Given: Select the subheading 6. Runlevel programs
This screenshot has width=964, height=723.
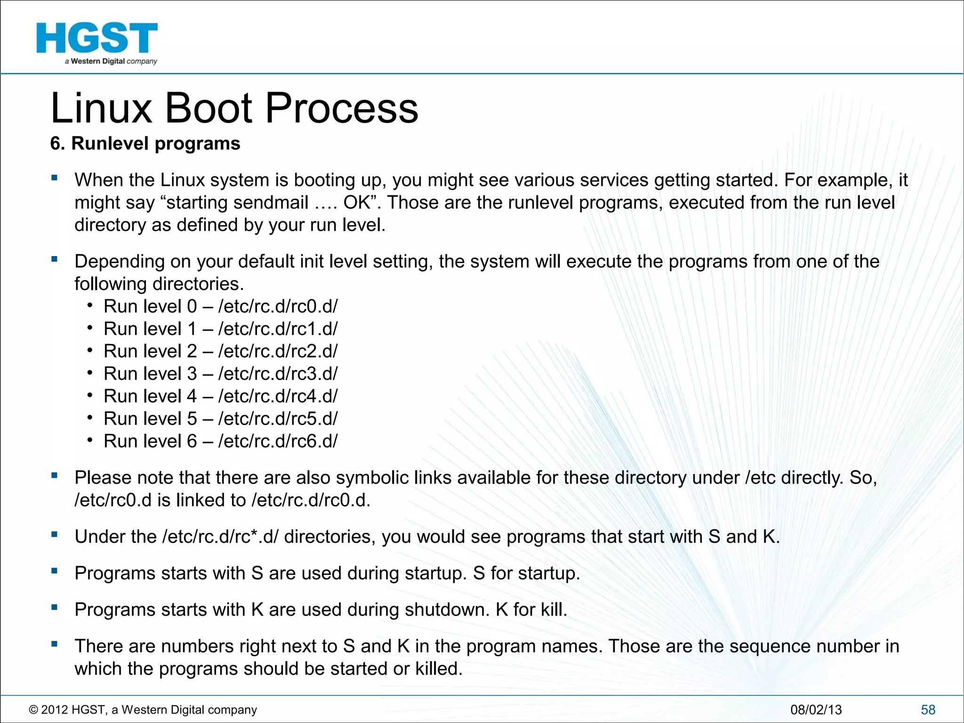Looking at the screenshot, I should coord(145,144).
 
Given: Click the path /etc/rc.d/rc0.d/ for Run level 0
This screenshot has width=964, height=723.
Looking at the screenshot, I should coord(278,306).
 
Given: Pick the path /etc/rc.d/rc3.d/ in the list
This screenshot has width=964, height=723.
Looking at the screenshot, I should coord(278,374).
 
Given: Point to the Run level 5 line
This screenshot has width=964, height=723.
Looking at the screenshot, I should coord(220,418).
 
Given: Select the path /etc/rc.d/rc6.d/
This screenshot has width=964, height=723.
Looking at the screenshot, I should coord(278,441).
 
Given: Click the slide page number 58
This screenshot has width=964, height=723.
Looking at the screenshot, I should coord(928,710).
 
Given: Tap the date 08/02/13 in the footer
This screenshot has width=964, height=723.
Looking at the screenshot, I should coord(816,710).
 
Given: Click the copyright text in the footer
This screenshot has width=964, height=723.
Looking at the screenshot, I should coord(143,710).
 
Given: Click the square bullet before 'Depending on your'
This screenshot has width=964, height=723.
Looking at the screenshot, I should coord(55,259).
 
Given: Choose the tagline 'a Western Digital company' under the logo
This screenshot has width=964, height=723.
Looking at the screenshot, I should coord(111,61).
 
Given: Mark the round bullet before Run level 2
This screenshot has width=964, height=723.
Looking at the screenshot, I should coord(89,350).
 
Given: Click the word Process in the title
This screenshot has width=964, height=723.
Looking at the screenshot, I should coord(342,108).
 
